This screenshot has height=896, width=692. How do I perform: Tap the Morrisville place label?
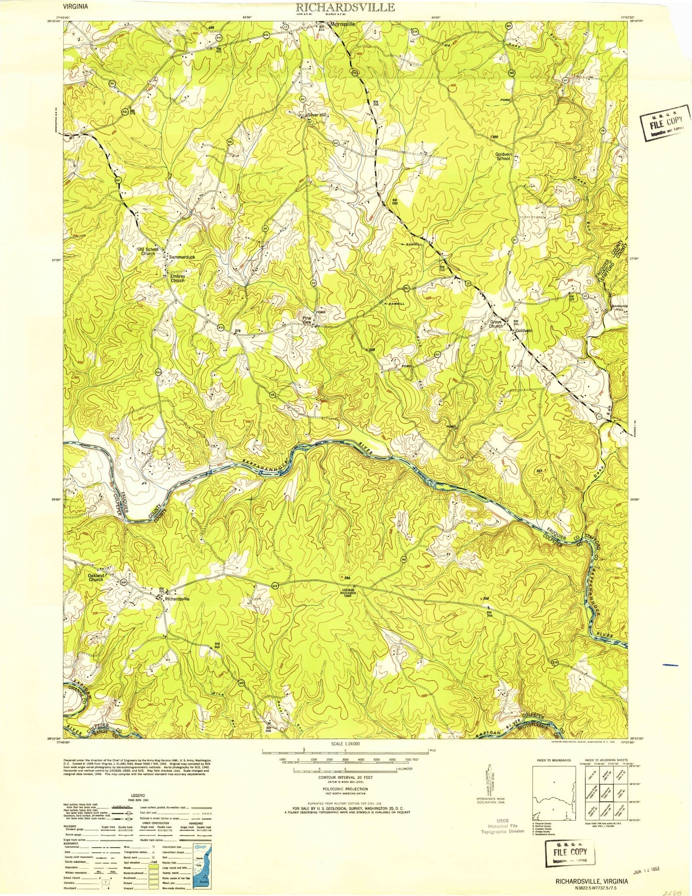(342, 24)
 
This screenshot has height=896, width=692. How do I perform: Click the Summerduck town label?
(182, 257)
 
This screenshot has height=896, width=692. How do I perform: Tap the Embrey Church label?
(178, 278)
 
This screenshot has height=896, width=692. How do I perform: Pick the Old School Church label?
(148, 251)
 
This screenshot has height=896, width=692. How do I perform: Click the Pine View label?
(307, 320)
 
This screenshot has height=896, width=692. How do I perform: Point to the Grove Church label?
(496, 323)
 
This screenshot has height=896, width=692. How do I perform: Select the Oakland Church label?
(96, 577)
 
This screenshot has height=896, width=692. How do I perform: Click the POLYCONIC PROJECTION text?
(345, 789)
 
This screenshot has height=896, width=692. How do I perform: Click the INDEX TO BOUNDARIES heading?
(553, 760)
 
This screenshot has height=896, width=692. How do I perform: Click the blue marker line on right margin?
(670, 665)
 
